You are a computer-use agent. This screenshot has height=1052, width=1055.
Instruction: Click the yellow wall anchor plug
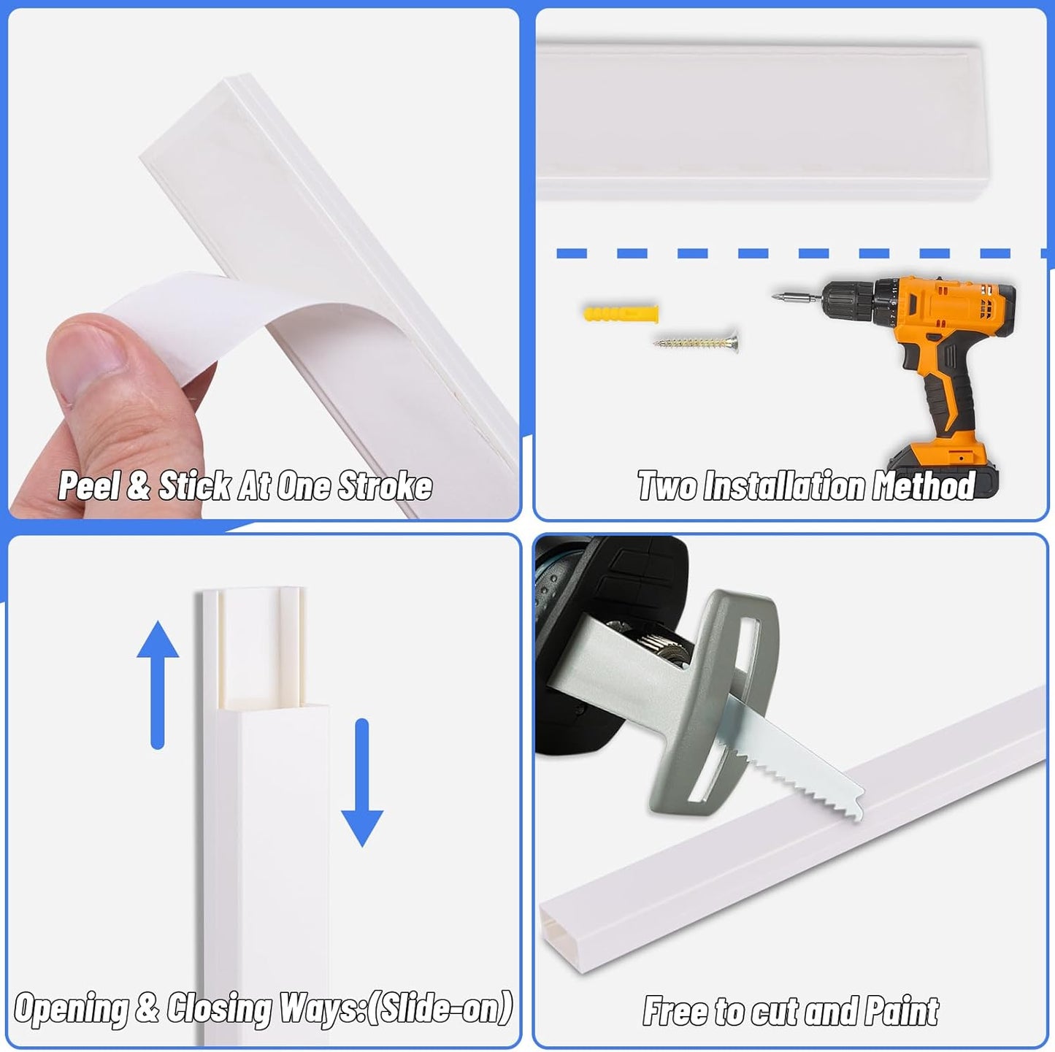tap(621, 314)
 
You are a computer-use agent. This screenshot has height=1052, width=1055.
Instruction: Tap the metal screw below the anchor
tap(696, 342)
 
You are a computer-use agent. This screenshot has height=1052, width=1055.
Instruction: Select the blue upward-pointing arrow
tap(158, 685)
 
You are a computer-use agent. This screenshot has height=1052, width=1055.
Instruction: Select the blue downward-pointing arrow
tap(362, 783)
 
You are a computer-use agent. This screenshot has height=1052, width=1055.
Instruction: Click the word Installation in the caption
tap(785, 485)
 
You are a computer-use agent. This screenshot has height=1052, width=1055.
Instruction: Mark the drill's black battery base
tap(943, 471)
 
